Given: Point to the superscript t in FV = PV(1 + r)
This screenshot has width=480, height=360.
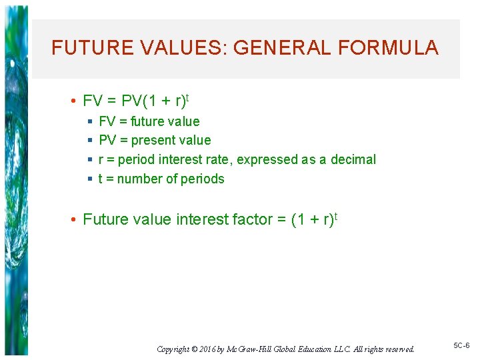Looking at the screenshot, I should [187, 97].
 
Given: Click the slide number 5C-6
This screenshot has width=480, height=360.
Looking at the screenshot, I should [461, 345].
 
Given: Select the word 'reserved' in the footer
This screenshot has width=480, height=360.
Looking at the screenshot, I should [398, 349].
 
